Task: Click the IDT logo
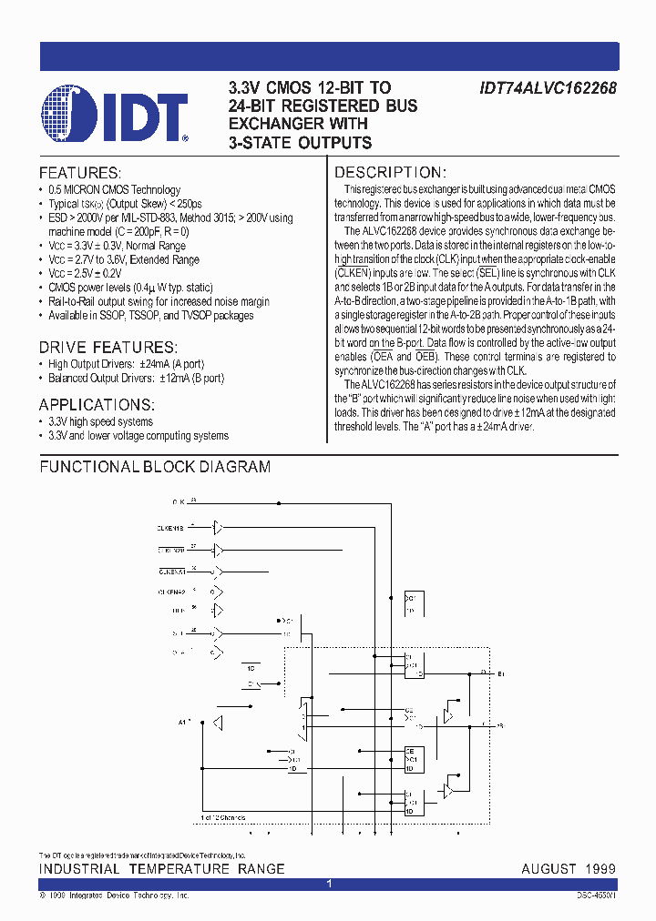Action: pos(115,115)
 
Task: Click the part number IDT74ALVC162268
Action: pos(548,88)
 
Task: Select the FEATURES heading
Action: pos(80,173)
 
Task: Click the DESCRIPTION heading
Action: pos(390,173)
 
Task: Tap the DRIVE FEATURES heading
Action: pos(108,348)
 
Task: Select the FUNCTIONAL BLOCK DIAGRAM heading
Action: pos(155,467)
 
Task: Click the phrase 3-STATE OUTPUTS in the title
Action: pos(300,142)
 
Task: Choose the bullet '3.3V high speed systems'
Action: pos(100,422)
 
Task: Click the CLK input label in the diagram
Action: pos(179,501)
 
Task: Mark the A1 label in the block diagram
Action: pos(183,722)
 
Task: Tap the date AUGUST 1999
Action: pos(568,869)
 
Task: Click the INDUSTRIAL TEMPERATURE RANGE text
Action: pos(161,869)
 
